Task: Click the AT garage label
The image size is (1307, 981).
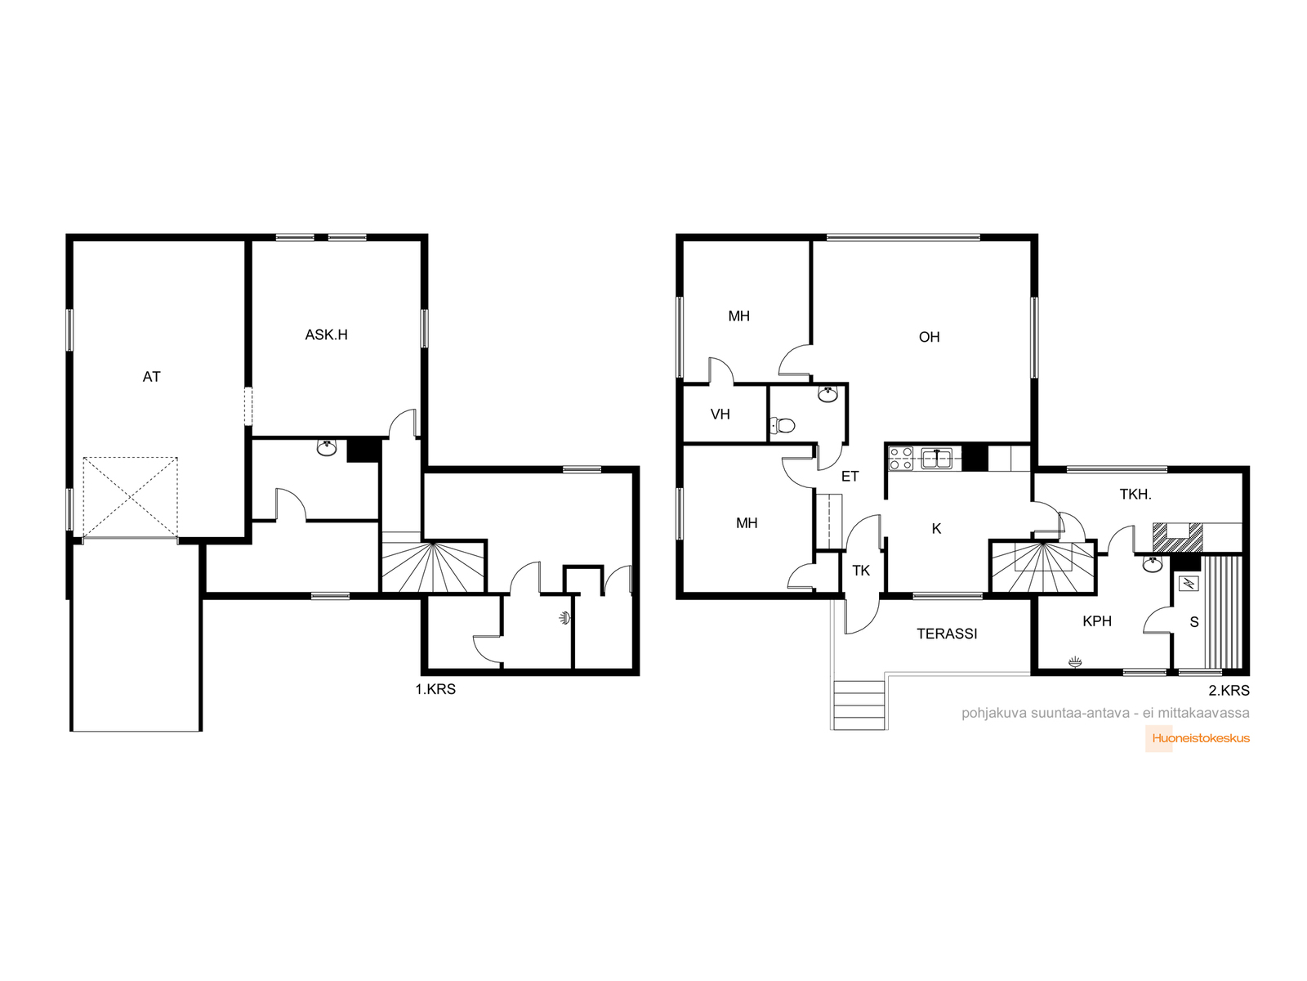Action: pos(151,376)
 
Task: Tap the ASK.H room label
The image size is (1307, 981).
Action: pos(326,334)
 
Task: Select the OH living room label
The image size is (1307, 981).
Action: pos(929,337)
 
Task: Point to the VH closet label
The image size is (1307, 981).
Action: pos(720,414)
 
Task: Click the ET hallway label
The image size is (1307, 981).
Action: pos(850,477)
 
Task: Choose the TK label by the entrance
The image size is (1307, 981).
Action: pos(861,571)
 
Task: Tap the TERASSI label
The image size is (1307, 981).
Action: pos(947,634)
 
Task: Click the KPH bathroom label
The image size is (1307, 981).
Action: pos(1097,621)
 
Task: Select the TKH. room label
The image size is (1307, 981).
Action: pos(1135,494)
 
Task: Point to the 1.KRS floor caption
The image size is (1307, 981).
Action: pos(435,689)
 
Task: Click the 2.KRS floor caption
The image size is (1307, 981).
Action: pos(1229,690)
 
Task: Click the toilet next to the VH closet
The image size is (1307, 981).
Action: pos(783,425)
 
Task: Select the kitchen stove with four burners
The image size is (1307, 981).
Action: pos(900,458)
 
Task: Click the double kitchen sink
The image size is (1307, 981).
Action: pos(937,458)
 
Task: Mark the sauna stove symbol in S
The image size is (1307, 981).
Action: pos(1189,583)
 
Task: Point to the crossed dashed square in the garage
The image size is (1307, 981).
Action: pos(130,497)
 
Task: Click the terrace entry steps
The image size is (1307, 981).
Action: pos(859,705)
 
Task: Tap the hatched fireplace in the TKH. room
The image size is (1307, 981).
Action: pos(1177,536)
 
